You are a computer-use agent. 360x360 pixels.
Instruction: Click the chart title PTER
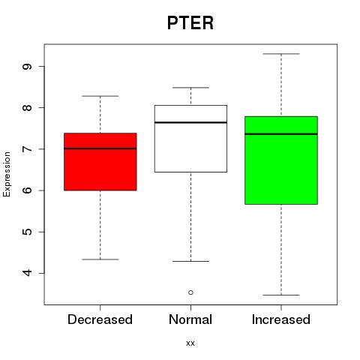[190, 22]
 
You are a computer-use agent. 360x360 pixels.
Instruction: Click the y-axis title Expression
[7, 174]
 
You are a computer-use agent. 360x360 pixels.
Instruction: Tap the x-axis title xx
[190, 343]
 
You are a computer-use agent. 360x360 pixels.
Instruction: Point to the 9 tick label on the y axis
[27, 66]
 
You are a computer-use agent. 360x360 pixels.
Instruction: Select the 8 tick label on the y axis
[27, 107]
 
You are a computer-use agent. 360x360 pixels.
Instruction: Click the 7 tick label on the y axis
[27, 149]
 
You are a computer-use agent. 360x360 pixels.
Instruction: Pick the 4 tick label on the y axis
[27, 273]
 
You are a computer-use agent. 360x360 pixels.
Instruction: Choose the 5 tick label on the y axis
[27, 232]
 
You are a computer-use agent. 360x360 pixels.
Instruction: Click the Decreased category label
[100, 319]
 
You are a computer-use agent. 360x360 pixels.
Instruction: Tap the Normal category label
[190, 319]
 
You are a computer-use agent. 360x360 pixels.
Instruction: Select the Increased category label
[281, 319]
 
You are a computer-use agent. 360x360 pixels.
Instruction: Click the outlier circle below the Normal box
[190, 292]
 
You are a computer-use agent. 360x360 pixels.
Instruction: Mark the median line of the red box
[100, 148]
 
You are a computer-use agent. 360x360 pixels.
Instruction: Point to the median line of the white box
[190, 122]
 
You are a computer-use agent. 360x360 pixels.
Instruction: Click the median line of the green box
[281, 134]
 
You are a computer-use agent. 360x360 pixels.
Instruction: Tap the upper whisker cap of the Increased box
[281, 54]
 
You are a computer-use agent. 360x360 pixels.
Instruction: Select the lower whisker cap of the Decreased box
[100, 259]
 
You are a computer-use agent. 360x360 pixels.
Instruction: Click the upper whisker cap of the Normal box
[190, 88]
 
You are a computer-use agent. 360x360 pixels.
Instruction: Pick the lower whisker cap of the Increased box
[281, 295]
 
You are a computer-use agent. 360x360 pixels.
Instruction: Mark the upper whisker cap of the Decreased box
[100, 96]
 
